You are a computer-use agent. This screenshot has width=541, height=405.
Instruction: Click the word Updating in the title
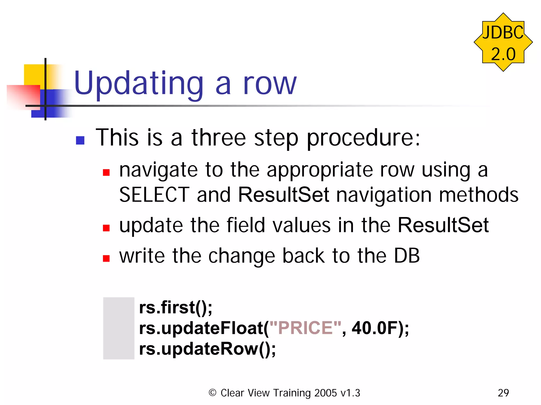(x=139, y=83)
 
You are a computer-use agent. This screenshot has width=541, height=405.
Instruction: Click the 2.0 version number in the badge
(x=503, y=54)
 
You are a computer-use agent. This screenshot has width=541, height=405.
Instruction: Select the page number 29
(x=503, y=393)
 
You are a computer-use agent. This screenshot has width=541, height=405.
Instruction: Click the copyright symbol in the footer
(x=212, y=393)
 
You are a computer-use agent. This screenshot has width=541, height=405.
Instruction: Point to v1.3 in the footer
(x=350, y=393)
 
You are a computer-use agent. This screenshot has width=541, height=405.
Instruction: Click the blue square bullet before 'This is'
(x=80, y=140)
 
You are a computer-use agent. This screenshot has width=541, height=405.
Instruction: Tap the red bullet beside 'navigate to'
(x=106, y=172)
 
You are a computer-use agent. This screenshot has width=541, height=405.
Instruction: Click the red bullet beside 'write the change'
(x=106, y=258)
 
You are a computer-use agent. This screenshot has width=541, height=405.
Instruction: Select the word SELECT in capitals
(x=154, y=195)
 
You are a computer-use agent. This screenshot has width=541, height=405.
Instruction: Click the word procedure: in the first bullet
(x=363, y=138)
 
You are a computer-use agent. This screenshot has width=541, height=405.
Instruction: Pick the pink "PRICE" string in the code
(x=305, y=328)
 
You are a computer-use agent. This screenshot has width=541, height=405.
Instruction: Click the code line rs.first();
(x=175, y=307)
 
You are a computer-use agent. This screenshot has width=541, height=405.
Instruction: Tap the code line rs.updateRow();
(x=207, y=349)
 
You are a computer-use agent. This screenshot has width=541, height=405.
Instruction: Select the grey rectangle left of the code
(x=119, y=328)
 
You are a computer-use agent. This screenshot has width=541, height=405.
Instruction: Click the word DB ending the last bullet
(x=407, y=256)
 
